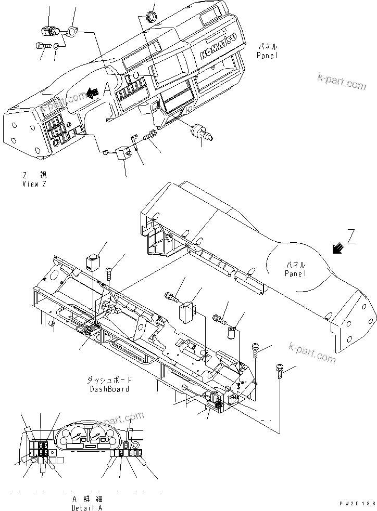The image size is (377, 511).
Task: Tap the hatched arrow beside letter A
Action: (x=93, y=93)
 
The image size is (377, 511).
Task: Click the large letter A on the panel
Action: (x=107, y=88)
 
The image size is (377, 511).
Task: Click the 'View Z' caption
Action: (x=34, y=180)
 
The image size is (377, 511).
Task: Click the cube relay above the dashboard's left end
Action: (x=93, y=261)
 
